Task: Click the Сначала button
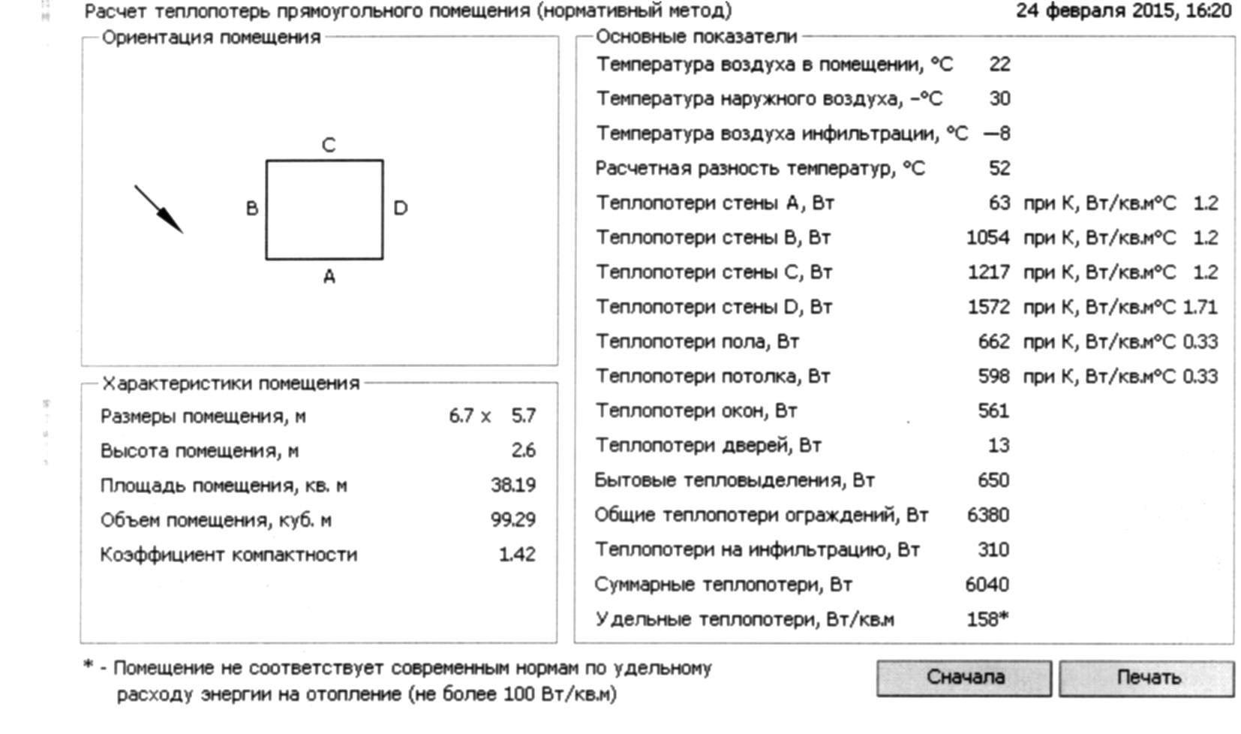(964, 678)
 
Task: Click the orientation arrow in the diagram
(159, 209)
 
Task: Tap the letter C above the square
(329, 145)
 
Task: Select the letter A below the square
(329, 277)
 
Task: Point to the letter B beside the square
(252, 209)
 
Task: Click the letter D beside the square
(401, 209)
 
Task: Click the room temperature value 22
(999, 65)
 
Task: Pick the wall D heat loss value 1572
(988, 307)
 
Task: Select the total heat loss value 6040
(987, 585)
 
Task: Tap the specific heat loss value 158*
(988, 619)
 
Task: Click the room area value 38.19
(513, 486)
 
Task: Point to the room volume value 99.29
(513, 520)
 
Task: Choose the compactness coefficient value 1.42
(517, 555)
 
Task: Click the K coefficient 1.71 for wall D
(1200, 307)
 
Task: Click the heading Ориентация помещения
(211, 38)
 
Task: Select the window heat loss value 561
(993, 411)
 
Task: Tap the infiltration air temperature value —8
(997, 134)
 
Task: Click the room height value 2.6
(523, 451)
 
